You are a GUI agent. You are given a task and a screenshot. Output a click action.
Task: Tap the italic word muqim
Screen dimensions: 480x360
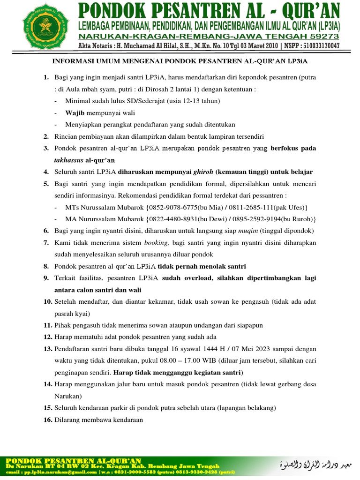[x=248, y=231]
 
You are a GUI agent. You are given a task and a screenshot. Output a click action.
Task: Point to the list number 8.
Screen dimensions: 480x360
[x=46, y=266]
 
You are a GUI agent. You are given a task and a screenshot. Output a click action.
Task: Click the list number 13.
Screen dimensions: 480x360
[x=47, y=349]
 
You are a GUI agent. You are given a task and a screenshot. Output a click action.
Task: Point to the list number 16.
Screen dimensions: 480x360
[x=47, y=420]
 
